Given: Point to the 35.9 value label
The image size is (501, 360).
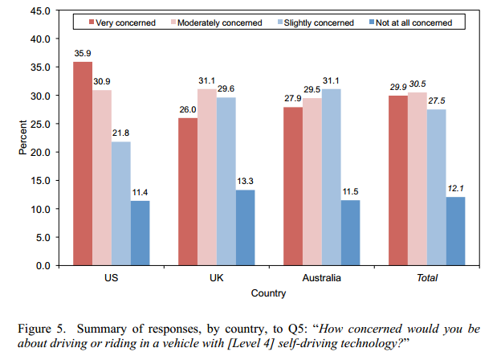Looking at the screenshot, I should [83, 55].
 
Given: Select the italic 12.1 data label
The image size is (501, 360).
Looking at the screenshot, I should [455, 188].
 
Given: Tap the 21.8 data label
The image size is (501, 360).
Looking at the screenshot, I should [121, 134].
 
